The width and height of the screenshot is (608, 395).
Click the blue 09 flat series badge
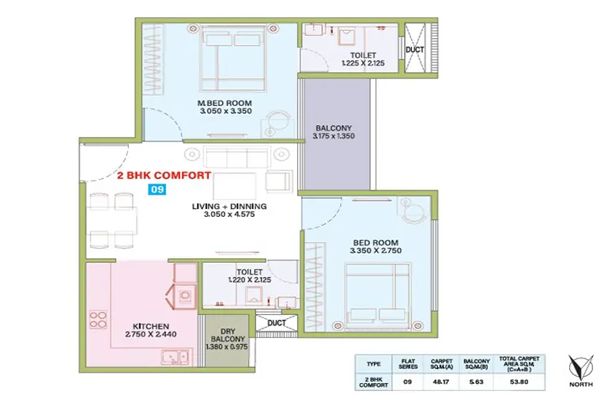[157, 189]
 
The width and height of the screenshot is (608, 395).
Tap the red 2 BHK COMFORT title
[164, 176]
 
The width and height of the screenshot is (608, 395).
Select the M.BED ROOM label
[225, 104]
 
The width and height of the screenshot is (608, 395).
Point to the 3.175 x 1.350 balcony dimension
[334, 136]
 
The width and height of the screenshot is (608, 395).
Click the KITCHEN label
[151, 327]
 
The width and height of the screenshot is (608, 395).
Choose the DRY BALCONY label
[228, 335]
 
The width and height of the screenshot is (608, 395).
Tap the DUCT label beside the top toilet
[414, 50]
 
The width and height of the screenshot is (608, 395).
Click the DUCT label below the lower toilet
[277, 323]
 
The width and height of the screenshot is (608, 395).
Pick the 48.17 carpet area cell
[441, 382]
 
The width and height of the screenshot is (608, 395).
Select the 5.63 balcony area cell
[476, 382]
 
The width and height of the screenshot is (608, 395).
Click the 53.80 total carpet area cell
[519, 382]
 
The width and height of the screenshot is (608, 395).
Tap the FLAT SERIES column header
[408, 364]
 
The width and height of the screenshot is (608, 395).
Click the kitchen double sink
[176, 357]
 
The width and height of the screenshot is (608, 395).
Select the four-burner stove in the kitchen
[98, 320]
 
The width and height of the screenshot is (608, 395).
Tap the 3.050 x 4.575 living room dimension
[229, 214]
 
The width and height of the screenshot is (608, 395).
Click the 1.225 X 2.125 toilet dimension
[363, 63]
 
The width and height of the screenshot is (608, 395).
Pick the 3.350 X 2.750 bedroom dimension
[376, 251]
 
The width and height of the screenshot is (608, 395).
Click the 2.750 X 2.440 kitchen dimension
[151, 334]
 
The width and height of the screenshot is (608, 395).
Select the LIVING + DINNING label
[229, 207]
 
